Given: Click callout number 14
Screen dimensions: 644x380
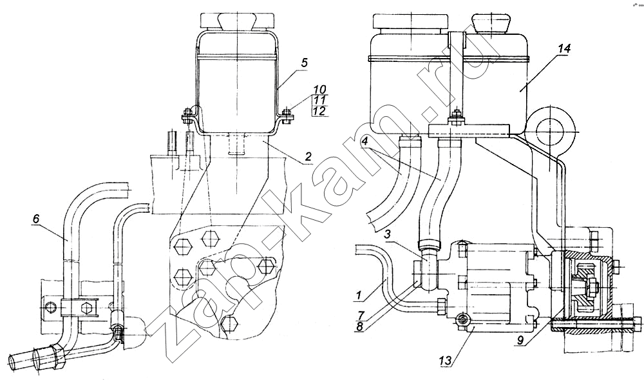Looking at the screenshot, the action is [x=564, y=48].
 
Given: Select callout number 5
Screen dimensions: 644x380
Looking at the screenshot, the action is [x=303, y=63].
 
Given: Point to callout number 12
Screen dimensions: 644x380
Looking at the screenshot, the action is [x=319, y=111].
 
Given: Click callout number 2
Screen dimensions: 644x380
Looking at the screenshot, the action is [x=308, y=157].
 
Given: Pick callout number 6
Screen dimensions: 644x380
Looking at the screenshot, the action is [x=35, y=219].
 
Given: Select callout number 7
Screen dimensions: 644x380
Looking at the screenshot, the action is [x=361, y=315].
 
